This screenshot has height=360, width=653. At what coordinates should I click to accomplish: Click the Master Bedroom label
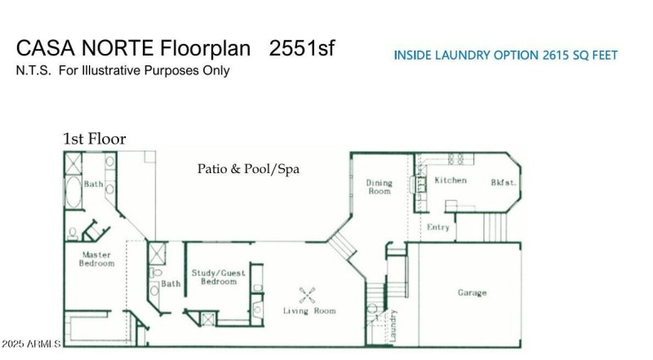pos(96,259)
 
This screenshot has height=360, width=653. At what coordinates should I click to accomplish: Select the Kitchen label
pos(450,180)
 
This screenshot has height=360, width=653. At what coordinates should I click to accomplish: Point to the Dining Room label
pos(379,187)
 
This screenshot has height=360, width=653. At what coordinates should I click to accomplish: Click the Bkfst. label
pos(502,183)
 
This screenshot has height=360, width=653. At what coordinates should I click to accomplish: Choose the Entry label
pos(438,227)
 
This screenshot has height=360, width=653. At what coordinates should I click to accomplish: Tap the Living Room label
pos(309,311)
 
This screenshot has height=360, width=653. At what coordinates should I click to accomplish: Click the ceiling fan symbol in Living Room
pos(308,295)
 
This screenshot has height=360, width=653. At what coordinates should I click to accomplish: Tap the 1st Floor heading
pos(95,139)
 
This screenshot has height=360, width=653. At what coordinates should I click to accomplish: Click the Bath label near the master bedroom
pos(93,184)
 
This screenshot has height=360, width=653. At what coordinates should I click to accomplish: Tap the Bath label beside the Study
pos(171,284)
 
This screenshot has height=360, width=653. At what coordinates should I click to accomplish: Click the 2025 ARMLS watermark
pos(31,344)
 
